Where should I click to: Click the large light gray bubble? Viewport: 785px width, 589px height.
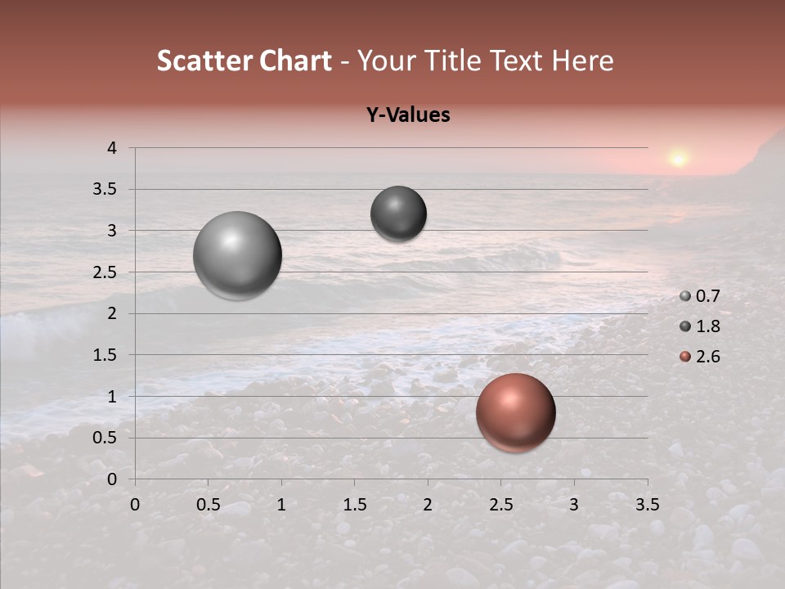click(x=238, y=255)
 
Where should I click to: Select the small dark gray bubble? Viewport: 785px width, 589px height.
click(x=398, y=214)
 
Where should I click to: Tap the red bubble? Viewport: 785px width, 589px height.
click(x=515, y=412)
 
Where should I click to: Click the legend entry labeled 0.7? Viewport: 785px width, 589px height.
click(x=701, y=296)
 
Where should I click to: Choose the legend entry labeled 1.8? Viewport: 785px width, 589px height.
click(x=701, y=326)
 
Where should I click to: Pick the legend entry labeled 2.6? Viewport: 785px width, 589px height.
click(x=701, y=357)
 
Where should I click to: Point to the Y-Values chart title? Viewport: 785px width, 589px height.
click(x=408, y=115)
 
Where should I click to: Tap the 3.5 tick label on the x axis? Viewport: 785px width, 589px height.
click(x=647, y=505)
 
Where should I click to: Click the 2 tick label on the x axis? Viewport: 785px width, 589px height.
click(x=428, y=505)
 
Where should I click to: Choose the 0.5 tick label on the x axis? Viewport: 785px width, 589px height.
click(x=209, y=505)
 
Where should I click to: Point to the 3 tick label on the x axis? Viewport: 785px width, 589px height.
click(x=574, y=505)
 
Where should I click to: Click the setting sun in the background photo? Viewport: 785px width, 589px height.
click(x=678, y=158)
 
